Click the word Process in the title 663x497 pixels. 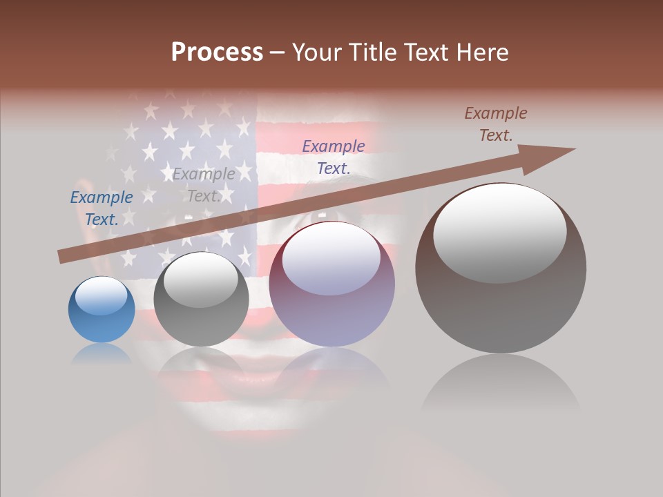(217, 52)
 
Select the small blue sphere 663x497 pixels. (102, 310)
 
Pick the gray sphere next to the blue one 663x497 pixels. (201, 300)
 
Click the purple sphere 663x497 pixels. (331, 284)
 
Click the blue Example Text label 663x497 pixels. (102, 208)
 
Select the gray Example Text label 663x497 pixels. (204, 185)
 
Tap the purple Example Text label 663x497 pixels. (334, 157)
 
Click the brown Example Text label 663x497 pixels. (496, 124)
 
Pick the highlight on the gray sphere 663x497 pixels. (200, 280)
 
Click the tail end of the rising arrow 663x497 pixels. (62, 257)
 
